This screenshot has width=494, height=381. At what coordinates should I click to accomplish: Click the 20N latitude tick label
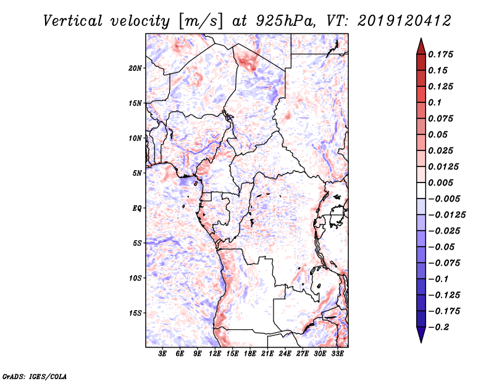pyautogui.click(x=135, y=68)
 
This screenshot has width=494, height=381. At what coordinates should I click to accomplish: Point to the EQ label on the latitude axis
pyautogui.click(x=137, y=208)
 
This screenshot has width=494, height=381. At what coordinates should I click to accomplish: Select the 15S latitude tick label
pyautogui.click(x=135, y=313)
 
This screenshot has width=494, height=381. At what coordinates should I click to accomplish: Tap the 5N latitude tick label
pyautogui.click(x=137, y=173)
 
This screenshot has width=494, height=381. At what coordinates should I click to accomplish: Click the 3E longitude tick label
pyautogui.click(x=163, y=354)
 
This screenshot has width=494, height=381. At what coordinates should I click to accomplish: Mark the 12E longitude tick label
pyautogui.click(x=216, y=354)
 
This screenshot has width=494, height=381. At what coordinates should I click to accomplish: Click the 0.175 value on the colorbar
pyautogui.click(x=442, y=54)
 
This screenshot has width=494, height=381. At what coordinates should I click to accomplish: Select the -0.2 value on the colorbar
pyautogui.click(x=442, y=327)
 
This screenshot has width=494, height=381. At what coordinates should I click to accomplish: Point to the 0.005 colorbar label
pyautogui.click(x=442, y=182)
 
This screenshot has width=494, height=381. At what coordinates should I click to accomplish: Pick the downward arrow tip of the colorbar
pyautogui.click(x=421, y=341)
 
